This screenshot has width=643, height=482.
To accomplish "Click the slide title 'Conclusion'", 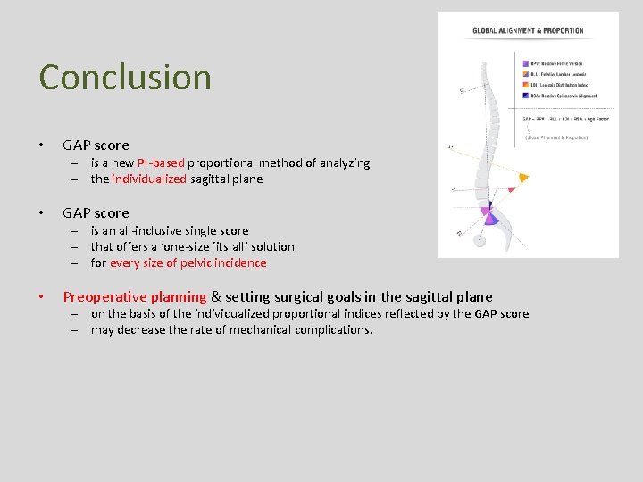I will [x=125, y=77].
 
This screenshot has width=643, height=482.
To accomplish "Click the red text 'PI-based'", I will [x=162, y=162].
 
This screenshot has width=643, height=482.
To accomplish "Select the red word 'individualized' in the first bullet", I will [x=149, y=179].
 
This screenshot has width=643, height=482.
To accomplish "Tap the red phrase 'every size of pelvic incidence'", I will [x=188, y=262].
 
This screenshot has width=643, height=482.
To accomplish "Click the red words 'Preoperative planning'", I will [x=134, y=297].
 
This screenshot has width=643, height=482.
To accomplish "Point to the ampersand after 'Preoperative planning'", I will [x=215, y=297].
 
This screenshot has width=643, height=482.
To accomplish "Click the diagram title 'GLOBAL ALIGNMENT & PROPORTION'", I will [x=528, y=31].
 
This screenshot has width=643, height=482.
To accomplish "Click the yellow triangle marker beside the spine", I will [x=523, y=178].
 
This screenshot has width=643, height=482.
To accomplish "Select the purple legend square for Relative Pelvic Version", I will [x=523, y=64].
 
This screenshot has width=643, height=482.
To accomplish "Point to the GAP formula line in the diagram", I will [x=565, y=119].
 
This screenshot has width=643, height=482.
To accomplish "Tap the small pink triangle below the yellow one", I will [x=511, y=190].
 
